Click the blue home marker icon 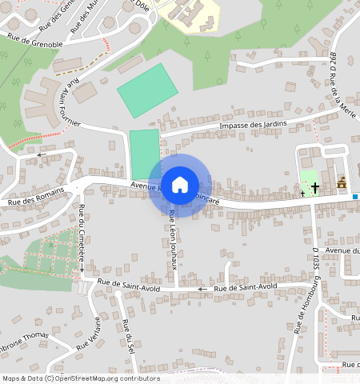coord(180,184)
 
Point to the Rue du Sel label coord(129,339)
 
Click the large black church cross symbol coord(315,187)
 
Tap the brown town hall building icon coord(342,183)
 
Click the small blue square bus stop coord(355,196)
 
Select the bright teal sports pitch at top coord(147,90)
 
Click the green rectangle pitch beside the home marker coord(144,154)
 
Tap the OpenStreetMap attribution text coord(80,378)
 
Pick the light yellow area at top coord(188,14)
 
